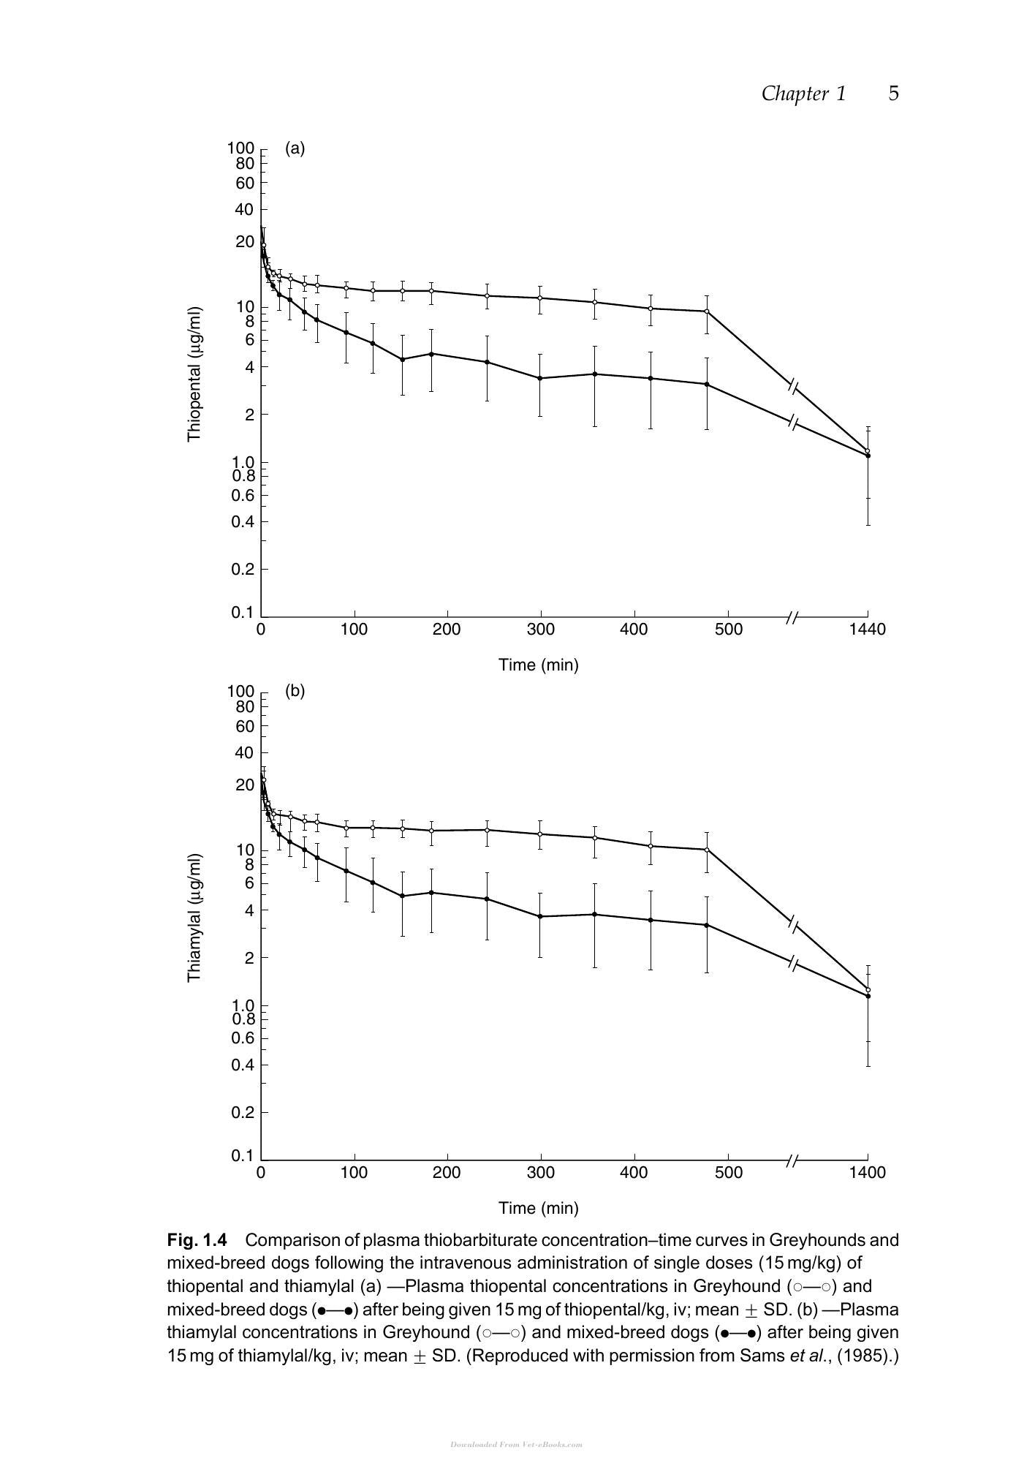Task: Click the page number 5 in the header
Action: [893, 94]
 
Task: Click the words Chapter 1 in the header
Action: [803, 94]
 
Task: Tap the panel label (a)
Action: [295, 148]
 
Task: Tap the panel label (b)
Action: [295, 691]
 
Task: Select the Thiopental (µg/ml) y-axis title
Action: [194, 374]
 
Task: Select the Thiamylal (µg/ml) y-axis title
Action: [194, 918]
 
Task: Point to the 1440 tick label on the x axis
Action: [868, 630]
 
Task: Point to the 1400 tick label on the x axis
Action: [868, 1173]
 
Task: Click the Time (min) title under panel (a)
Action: [539, 665]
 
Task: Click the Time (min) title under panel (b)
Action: [539, 1208]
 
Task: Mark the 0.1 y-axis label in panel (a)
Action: [242, 613]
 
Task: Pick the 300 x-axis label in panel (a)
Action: [540, 630]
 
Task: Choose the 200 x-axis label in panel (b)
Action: [447, 1173]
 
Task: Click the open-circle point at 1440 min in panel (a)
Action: [868, 450]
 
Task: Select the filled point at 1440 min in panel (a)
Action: [868, 456]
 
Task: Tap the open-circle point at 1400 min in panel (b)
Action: [868, 990]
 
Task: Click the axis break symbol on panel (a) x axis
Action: [792, 618]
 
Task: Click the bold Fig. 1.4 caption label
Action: [197, 1240]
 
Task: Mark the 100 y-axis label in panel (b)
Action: [240, 691]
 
